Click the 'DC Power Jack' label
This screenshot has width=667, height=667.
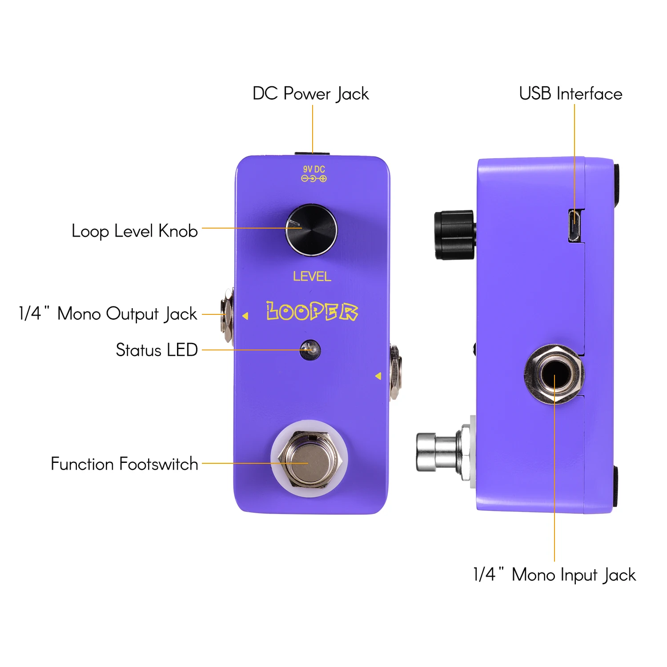310,94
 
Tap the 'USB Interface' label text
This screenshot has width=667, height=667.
571,94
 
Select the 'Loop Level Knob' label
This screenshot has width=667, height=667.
134,231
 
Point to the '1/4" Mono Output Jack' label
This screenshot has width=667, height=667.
108,314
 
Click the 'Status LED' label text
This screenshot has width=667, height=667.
157,350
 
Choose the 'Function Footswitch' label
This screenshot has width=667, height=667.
124,464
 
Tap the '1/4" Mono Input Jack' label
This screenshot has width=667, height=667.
554,575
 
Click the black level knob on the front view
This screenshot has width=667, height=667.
311,230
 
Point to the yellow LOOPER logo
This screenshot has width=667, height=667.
312,311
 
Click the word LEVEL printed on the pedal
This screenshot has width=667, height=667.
312,277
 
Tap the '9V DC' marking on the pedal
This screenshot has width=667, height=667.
314,169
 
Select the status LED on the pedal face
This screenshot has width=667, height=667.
310,350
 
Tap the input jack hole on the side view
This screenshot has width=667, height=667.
554,374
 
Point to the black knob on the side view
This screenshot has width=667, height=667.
454,235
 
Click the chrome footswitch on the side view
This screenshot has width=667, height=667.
438,452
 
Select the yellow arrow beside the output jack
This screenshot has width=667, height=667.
245,316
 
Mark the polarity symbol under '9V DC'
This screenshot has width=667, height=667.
314,179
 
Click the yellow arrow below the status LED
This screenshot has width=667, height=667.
378,376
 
